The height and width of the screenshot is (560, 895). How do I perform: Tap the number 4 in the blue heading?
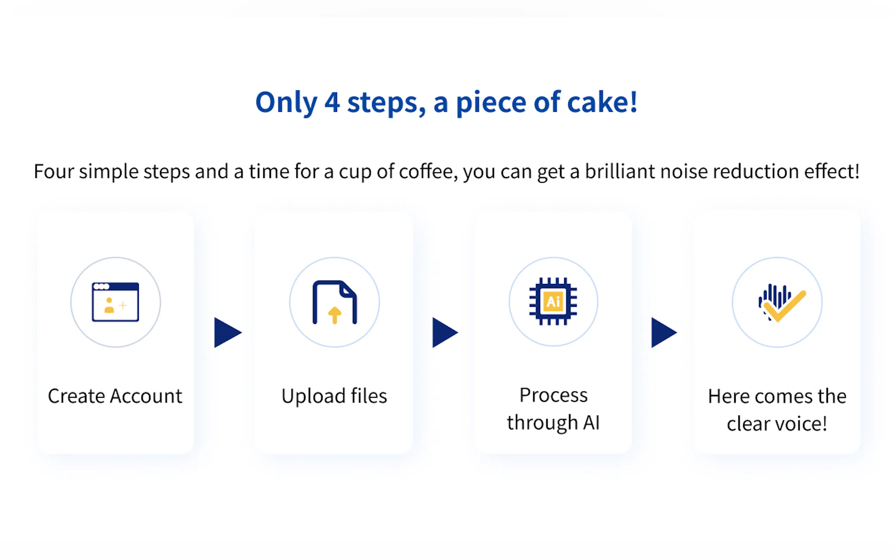click(x=332, y=103)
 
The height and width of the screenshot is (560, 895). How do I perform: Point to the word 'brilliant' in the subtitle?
click(x=620, y=171)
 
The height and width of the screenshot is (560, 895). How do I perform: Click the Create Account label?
click(x=115, y=396)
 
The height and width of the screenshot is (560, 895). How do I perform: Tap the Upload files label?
click(x=334, y=396)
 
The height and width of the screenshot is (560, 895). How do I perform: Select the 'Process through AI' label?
click(x=553, y=409)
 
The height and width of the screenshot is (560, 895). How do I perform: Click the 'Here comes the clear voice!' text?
click(x=777, y=410)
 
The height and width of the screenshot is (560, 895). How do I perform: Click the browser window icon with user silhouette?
click(x=116, y=302)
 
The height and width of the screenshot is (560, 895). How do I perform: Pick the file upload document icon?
click(x=334, y=302)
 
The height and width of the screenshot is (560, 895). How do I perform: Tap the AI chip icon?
click(x=553, y=302)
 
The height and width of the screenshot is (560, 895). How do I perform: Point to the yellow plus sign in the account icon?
click(x=123, y=305)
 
